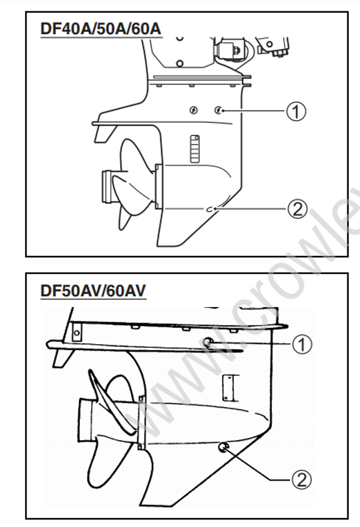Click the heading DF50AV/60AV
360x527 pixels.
pos(92,290)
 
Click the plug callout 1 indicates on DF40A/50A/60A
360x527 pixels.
pos(218,110)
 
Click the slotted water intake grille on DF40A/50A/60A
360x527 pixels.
pos(193,149)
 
